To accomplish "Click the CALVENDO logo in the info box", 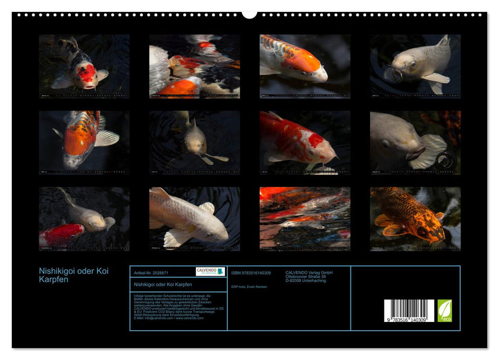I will click(x=210, y=272).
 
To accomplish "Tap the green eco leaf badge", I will click(x=445, y=311).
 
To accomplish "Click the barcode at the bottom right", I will click(x=409, y=310).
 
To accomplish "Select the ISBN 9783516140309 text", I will click(x=251, y=273).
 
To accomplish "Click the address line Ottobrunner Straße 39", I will click(x=306, y=277).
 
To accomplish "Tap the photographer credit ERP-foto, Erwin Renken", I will click(x=248, y=286).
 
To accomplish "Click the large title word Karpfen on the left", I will click(x=53, y=280).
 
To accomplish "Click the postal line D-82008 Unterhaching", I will click(x=306, y=281).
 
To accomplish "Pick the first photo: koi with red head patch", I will click(x=84, y=66).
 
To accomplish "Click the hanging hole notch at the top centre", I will click(x=249, y=14).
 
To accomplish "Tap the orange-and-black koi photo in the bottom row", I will click(x=415, y=219).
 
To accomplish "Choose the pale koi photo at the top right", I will click(x=415, y=66).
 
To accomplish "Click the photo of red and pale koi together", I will click(x=84, y=219).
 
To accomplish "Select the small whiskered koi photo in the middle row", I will click(x=194, y=142).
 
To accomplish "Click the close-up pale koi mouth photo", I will click(x=415, y=142).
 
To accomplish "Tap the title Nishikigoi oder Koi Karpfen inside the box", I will click(x=162, y=284).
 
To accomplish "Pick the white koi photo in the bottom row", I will click(x=194, y=219).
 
